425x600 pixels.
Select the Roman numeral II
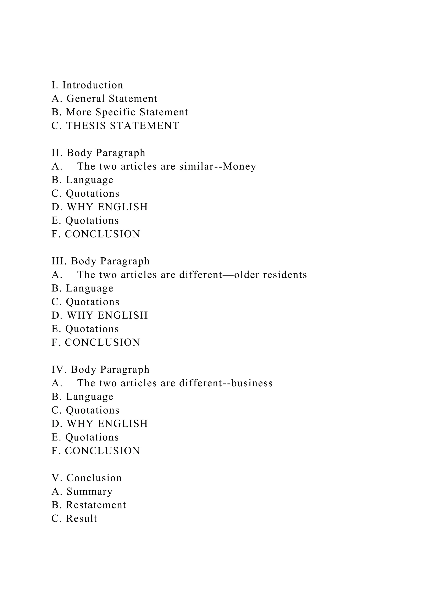coord(56,153)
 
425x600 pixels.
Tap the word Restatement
coord(96,505)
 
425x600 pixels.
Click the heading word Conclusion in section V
coord(94,478)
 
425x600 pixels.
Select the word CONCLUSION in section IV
coord(103,451)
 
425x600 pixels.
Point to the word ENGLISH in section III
coord(122,315)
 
